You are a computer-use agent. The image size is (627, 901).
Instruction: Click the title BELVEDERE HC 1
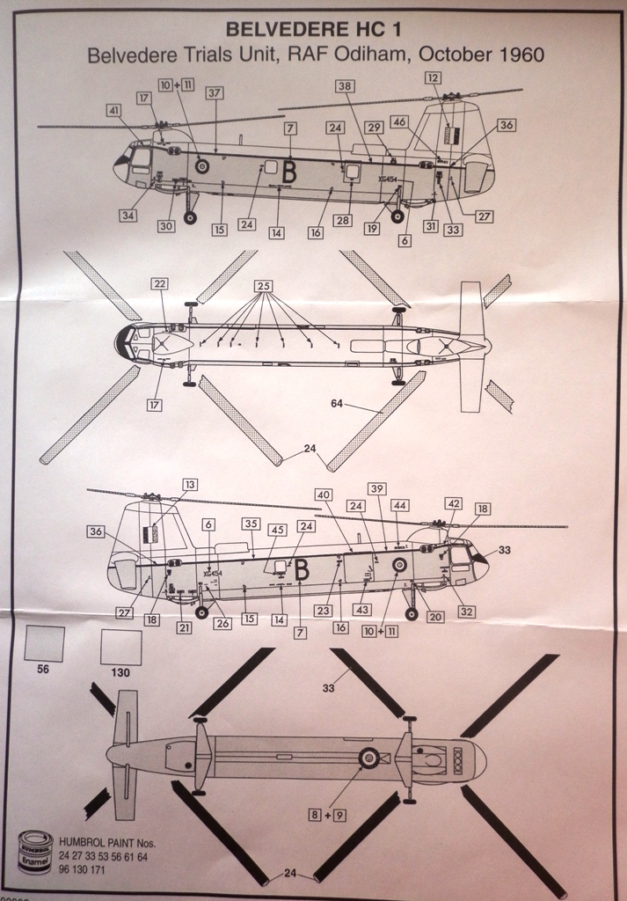click(x=315, y=29)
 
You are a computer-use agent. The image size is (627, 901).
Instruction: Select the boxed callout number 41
click(x=114, y=111)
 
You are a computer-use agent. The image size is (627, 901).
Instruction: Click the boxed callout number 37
click(x=215, y=93)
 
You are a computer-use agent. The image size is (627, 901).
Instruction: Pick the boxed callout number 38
click(x=345, y=86)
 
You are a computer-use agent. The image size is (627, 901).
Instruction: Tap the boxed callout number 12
click(x=432, y=78)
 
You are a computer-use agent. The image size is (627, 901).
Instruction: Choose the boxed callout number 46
click(x=400, y=123)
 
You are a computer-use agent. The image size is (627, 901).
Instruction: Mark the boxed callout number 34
click(x=128, y=216)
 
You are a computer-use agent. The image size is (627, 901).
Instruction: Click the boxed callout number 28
click(x=341, y=220)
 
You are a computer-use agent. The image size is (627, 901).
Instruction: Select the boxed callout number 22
click(x=159, y=283)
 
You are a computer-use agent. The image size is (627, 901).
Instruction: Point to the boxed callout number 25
click(x=263, y=286)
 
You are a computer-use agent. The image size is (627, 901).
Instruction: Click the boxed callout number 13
click(x=191, y=485)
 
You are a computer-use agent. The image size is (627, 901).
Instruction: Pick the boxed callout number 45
click(x=277, y=530)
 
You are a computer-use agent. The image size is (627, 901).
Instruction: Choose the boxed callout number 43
click(x=362, y=610)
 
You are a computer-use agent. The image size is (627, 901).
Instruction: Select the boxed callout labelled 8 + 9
click(x=326, y=815)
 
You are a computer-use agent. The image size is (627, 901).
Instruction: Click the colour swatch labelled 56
click(x=44, y=643)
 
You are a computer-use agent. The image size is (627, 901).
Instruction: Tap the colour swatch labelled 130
click(x=121, y=648)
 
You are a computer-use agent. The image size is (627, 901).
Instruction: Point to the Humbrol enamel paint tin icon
click(x=35, y=852)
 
